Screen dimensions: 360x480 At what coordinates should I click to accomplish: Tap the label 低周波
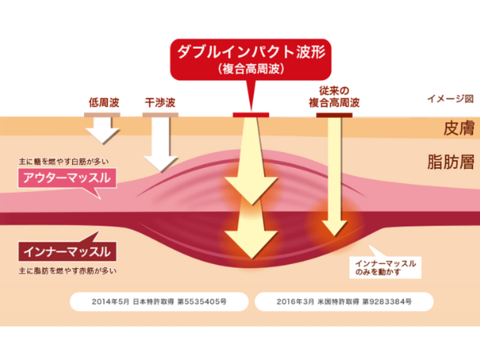103,103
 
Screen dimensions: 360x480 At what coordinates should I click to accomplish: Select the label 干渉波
159,103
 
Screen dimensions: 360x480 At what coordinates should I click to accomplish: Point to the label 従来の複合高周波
334,98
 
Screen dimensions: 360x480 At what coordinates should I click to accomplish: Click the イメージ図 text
450,100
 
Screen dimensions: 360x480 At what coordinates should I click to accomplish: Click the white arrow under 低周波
103,129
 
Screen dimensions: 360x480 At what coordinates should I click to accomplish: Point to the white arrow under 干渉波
160,144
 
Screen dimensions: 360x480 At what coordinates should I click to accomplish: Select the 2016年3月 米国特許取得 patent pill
345,302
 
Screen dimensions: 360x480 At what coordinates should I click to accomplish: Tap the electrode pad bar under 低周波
103,114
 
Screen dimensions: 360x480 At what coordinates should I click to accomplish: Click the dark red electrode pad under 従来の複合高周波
334,115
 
